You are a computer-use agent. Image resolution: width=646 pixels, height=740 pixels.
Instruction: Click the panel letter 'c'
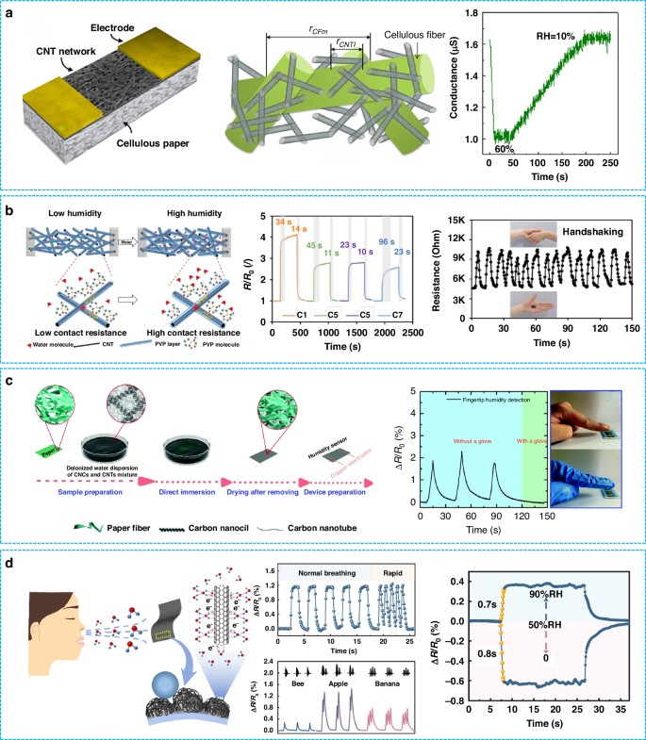(8, 382)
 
